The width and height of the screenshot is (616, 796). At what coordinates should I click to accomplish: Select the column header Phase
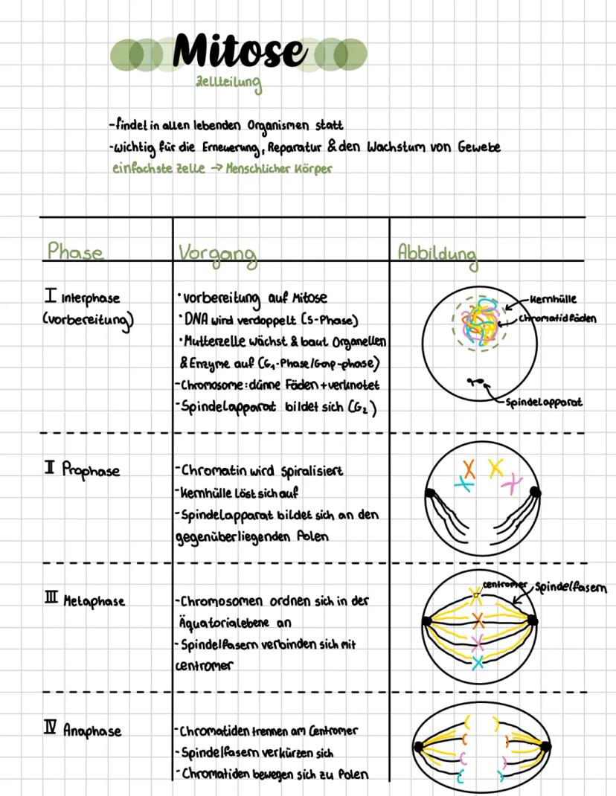(x=74, y=251)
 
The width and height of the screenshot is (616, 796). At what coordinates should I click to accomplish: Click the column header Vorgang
(x=217, y=254)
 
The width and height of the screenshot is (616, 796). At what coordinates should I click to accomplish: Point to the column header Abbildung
(x=437, y=253)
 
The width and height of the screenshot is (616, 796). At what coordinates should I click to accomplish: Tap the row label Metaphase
(x=93, y=600)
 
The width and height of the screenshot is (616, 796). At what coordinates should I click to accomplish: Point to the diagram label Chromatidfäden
(x=558, y=318)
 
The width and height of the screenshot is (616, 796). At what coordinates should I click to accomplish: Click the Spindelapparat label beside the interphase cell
(x=543, y=402)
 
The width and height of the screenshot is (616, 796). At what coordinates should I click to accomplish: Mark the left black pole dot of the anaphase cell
(x=419, y=746)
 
